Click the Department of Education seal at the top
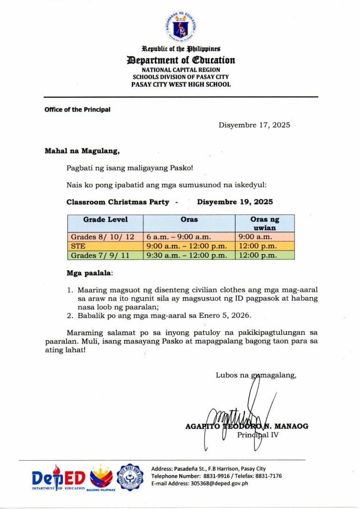(180, 27)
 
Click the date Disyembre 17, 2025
(254, 125)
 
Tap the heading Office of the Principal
(77, 110)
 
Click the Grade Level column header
(105, 220)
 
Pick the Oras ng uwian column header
(265, 223)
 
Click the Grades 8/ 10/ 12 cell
(103, 237)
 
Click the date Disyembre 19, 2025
(235, 202)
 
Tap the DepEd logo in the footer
(59, 478)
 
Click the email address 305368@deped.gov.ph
(219, 484)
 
